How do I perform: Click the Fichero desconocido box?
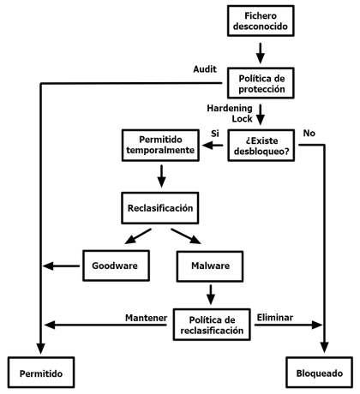(261, 21)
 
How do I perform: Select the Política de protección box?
(261, 83)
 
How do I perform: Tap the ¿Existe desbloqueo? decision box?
(261, 146)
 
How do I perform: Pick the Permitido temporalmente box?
(160, 146)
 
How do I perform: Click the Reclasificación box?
(160, 208)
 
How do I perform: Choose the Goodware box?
(116, 266)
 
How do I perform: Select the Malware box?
(210, 266)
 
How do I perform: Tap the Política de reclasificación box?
(212, 325)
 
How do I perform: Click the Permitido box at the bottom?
(41, 373)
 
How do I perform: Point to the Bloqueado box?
(319, 373)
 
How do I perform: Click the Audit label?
(205, 69)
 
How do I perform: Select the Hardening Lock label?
(230, 113)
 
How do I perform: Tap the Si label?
(215, 134)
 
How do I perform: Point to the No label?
(309, 133)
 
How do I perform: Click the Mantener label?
(146, 318)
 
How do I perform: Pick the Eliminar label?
(275, 318)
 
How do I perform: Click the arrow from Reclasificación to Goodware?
(138, 236)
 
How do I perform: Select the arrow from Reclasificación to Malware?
(186, 236)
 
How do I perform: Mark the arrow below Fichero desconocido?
(260, 53)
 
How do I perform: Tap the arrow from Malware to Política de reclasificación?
(211, 295)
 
